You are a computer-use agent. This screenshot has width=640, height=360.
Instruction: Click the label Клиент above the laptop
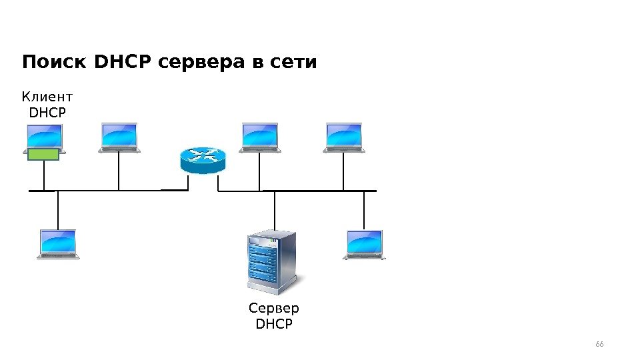[x=47, y=98]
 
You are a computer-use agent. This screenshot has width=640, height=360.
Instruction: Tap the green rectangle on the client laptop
[x=43, y=155]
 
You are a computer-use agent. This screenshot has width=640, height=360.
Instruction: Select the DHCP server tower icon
[x=271, y=261]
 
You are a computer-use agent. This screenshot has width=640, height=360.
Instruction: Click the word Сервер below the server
[x=274, y=309]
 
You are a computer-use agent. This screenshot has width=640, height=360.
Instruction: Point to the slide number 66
[x=599, y=344]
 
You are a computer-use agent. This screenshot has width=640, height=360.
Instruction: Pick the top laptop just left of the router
[x=119, y=137]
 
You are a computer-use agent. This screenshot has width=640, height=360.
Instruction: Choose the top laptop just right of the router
[x=259, y=137]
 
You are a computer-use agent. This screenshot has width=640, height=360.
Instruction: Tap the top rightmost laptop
[x=343, y=137]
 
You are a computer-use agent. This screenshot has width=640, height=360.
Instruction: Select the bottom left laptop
[x=58, y=244]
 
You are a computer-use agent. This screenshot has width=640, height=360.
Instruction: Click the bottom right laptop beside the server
[x=365, y=244]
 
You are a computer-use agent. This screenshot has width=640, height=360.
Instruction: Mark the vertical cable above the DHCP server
[x=274, y=209]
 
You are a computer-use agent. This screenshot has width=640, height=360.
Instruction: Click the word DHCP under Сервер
[x=274, y=325]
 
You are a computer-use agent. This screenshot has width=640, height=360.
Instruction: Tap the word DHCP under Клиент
[x=48, y=113]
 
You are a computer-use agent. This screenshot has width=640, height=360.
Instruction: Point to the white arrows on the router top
[x=203, y=155]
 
